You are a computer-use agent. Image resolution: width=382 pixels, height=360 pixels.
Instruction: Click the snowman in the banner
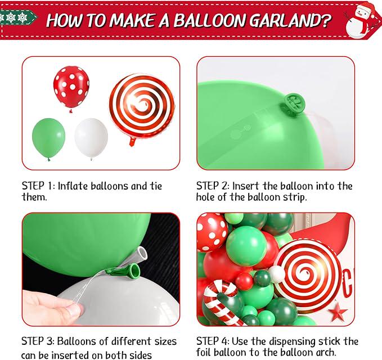click(x=360, y=21)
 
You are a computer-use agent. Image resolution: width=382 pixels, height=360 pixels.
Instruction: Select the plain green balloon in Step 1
click(x=49, y=139)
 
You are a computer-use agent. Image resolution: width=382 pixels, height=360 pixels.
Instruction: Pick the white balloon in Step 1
click(x=91, y=138)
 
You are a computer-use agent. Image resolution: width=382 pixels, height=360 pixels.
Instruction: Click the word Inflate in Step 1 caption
click(x=73, y=186)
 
